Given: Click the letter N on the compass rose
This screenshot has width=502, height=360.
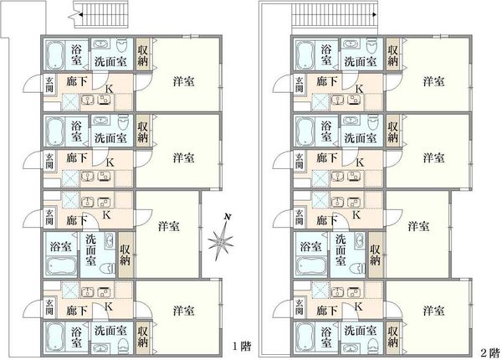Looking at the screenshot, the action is pyautogui.click(x=228, y=217).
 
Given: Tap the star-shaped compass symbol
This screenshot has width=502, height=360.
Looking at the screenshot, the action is pyautogui.click(x=221, y=241).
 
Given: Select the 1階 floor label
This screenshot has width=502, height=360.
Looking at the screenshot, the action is pyautogui.click(x=242, y=347).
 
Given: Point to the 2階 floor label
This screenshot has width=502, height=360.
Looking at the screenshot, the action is pyautogui.click(x=490, y=353).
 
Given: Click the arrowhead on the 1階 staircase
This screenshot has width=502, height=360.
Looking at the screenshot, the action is pyautogui.click(x=80, y=15).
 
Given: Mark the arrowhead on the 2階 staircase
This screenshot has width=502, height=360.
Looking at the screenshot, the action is pyautogui.click(x=375, y=15).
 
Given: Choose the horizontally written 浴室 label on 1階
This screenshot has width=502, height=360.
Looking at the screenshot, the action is pyautogui.click(x=60, y=246).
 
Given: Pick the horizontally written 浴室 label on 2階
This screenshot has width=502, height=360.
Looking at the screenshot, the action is pyautogui.click(x=310, y=246).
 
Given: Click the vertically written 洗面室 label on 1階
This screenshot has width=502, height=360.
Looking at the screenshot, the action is pyautogui.click(x=91, y=249).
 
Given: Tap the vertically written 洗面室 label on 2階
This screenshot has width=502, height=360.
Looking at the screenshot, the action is pyautogui.click(x=341, y=249).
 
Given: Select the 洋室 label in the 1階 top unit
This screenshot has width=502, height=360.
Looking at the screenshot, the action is pyautogui.click(x=183, y=81).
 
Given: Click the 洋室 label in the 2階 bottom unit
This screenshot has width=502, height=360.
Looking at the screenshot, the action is pyautogui.click(x=433, y=311).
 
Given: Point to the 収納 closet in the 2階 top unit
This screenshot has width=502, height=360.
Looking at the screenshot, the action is pyautogui.click(x=393, y=55).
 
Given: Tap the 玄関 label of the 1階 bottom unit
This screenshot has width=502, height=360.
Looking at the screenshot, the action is pyautogui.click(x=49, y=306).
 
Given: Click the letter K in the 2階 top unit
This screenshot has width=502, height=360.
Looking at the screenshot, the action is pyautogui.click(x=359, y=89).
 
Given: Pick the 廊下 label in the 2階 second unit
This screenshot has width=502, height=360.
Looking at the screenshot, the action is pyautogui.click(x=326, y=157).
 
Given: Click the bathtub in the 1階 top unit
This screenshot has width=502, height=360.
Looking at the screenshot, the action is pyautogui.click(x=54, y=54).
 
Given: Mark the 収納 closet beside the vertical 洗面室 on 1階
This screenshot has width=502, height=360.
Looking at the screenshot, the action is pyautogui.click(x=125, y=255).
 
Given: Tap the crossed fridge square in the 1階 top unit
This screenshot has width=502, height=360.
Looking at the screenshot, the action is pyautogui.click(x=70, y=102).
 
